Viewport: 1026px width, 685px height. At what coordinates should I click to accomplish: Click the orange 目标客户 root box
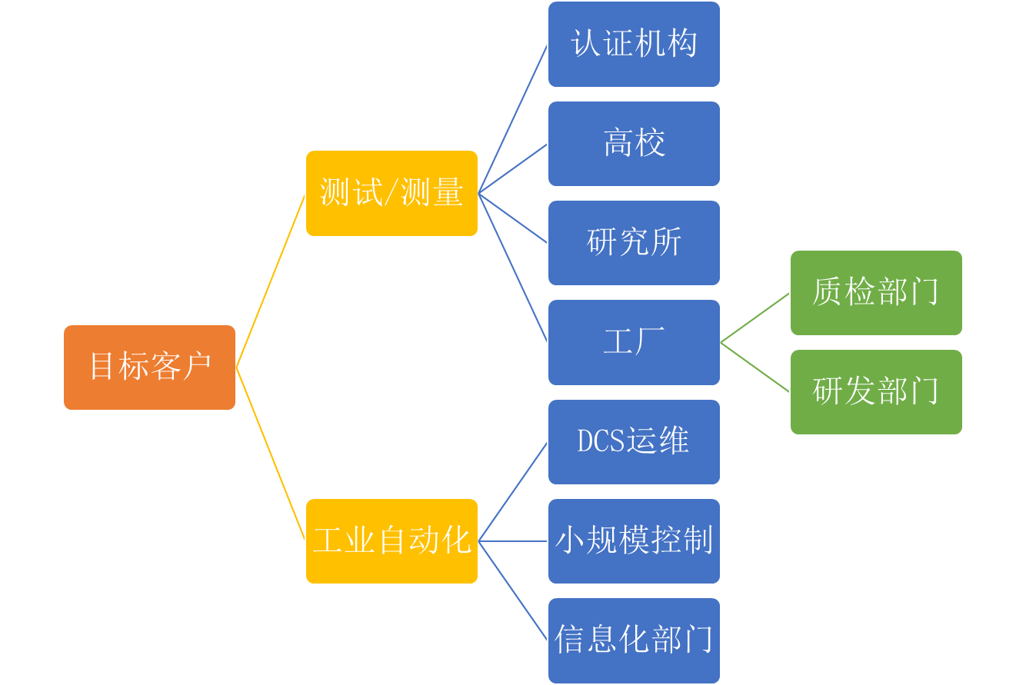click(x=149, y=367)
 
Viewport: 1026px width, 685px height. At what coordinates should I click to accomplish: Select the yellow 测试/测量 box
click(x=391, y=193)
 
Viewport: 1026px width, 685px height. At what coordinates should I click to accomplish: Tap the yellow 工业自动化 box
click(x=391, y=540)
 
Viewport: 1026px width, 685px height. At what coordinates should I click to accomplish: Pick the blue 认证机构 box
click(x=634, y=44)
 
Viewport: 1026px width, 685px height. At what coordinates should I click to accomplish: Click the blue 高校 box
click(x=634, y=143)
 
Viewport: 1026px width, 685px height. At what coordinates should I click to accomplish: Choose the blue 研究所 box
click(x=634, y=242)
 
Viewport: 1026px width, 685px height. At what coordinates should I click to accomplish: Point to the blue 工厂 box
click(x=634, y=341)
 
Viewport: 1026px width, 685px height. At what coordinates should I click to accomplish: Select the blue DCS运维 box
click(x=634, y=441)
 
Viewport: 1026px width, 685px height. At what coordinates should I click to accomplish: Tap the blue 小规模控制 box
click(x=634, y=540)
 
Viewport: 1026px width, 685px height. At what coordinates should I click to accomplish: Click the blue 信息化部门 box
click(x=634, y=640)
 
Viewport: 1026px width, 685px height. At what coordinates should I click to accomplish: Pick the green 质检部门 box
click(x=876, y=292)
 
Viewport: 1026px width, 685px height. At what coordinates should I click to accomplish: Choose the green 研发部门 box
click(x=876, y=391)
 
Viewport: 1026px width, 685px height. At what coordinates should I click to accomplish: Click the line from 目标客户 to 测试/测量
click(x=270, y=281)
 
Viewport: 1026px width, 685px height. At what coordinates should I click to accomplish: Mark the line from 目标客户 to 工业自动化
click(x=270, y=454)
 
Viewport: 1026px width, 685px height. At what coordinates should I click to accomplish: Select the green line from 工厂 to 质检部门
click(x=755, y=317)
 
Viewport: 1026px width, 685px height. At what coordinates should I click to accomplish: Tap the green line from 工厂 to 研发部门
click(x=755, y=367)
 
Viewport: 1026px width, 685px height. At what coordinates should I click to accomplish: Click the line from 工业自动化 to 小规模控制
click(x=513, y=540)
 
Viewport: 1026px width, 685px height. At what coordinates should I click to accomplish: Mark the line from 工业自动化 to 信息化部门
click(x=513, y=590)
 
